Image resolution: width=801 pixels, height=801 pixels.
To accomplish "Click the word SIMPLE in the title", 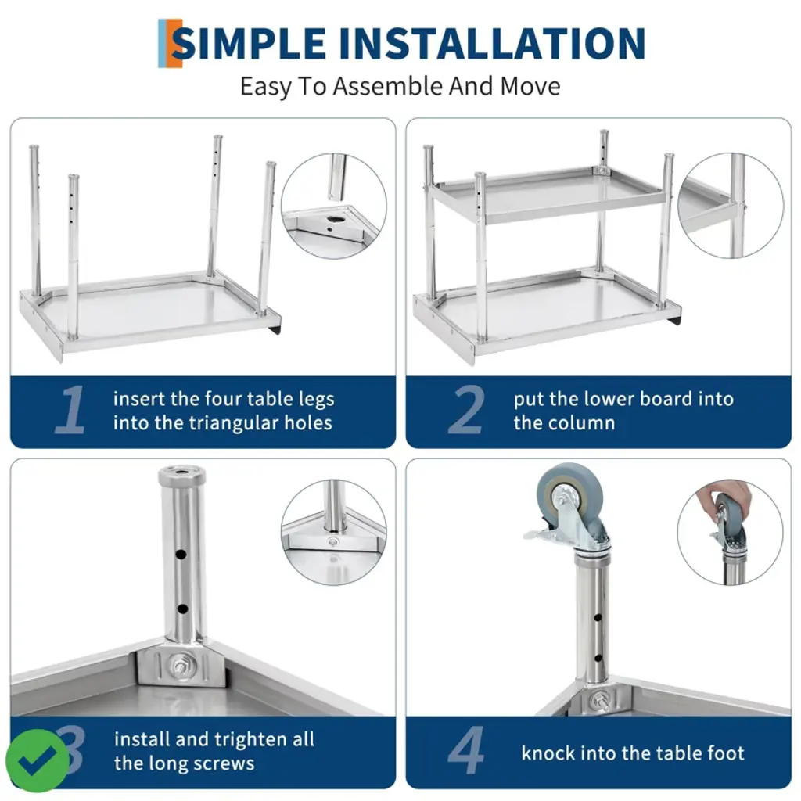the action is (x=250, y=43).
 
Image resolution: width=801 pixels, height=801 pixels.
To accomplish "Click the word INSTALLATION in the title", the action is (x=491, y=43).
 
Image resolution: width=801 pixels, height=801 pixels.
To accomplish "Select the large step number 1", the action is (x=70, y=410).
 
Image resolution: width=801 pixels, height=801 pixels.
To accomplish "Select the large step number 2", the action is (x=466, y=410).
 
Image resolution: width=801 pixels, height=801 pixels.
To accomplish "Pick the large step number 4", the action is (x=466, y=750).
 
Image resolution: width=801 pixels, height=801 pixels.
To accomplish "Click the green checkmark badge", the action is (x=37, y=760).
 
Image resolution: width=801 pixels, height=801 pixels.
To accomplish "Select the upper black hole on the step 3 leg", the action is (x=181, y=554).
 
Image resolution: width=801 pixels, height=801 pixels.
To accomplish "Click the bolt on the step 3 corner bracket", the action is (x=180, y=665).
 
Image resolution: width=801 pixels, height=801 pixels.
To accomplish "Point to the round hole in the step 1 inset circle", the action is (x=336, y=219).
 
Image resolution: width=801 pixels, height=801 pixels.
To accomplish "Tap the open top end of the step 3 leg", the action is (x=181, y=473).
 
